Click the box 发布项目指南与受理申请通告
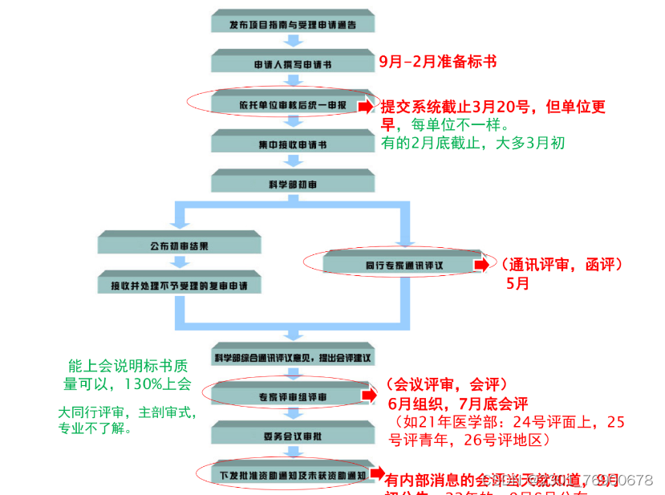(293, 25)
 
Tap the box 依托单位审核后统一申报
(293, 104)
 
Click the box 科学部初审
(293, 185)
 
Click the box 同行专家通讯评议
(398, 264)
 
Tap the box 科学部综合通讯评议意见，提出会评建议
(293, 355)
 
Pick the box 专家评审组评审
(293, 395)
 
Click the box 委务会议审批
(293, 435)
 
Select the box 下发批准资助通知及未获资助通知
(293, 475)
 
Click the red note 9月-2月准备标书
(438, 61)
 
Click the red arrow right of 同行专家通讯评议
(481, 264)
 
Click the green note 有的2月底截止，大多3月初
(473, 143)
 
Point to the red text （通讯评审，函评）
(562, 263)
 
